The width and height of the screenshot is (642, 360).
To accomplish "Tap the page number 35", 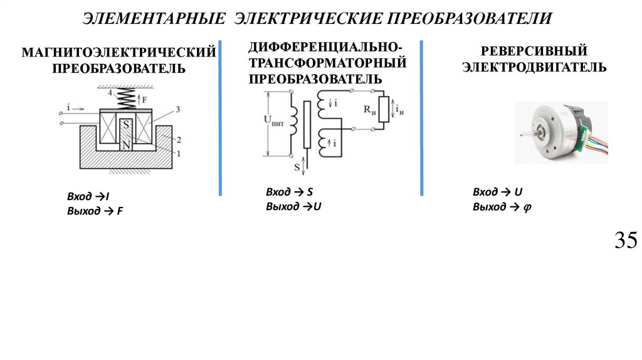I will tap(625, 240).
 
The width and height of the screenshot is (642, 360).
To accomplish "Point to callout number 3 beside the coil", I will tap(177, 110).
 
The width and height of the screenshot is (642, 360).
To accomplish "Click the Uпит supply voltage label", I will tap(274, 124).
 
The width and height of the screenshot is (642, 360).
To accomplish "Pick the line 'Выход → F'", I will tap(95, 211).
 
